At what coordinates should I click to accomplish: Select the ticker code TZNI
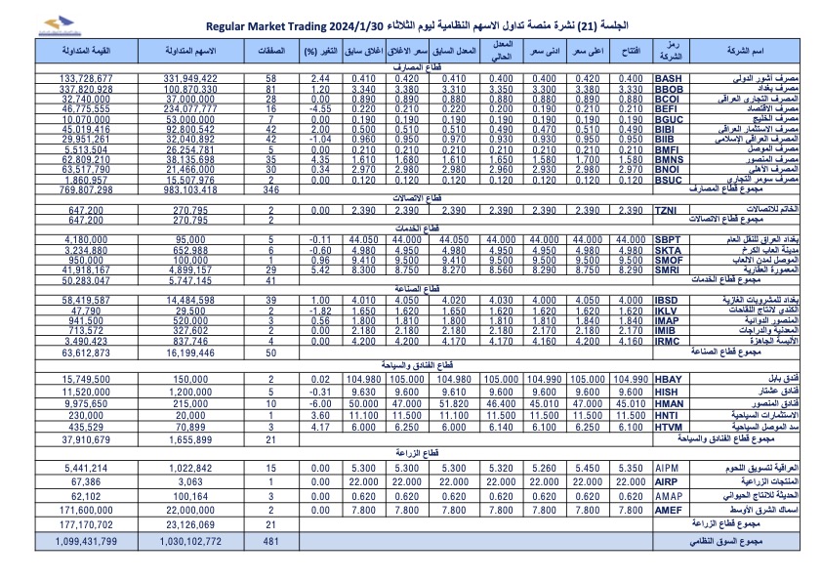click(669, 209)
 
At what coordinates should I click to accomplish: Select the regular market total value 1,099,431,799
click(74, 540)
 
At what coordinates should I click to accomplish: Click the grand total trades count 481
click(270, 540)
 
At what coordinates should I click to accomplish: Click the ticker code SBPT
click(669, 237)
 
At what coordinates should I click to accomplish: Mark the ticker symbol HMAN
click(669, 402)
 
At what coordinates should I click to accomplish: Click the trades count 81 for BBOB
click(270, 88)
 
